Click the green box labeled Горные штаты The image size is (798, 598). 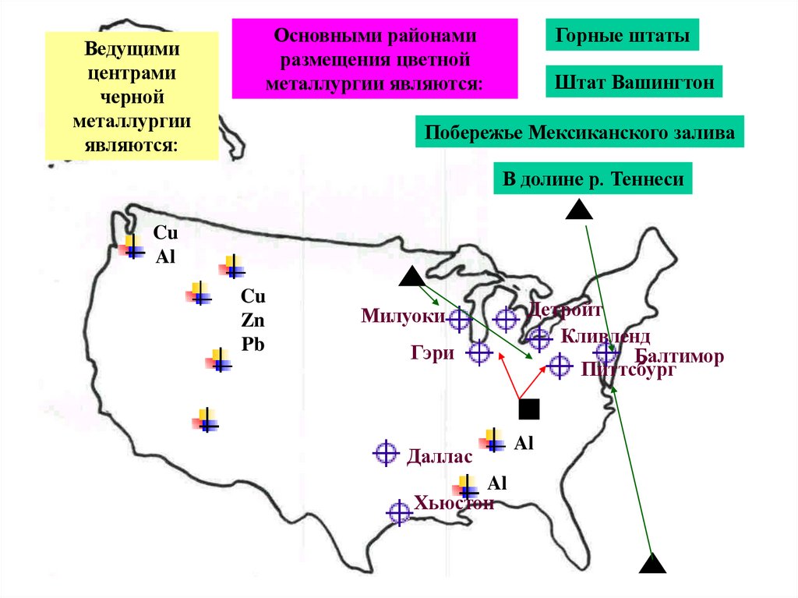coord(622,36)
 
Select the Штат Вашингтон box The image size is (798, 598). coord(634,81)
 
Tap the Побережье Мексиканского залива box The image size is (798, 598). coord(580,133)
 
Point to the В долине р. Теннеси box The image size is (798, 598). coord(593,179)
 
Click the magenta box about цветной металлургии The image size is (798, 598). coord(375,59)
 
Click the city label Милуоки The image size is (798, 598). coord(403,316)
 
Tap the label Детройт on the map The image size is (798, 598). coord(566,310)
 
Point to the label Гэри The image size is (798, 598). coord(433,352)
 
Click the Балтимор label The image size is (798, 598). coord(680,357)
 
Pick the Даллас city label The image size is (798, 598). coord(440,456)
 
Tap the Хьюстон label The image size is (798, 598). coord(455,503)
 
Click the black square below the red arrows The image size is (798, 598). coord(529,409)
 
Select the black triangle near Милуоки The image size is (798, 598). coord(411,277)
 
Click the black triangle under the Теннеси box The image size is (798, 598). coord(577,209)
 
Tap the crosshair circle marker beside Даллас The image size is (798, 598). coord(385,453)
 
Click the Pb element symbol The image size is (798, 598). coord(253,344)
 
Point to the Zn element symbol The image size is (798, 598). coord(253,320)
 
